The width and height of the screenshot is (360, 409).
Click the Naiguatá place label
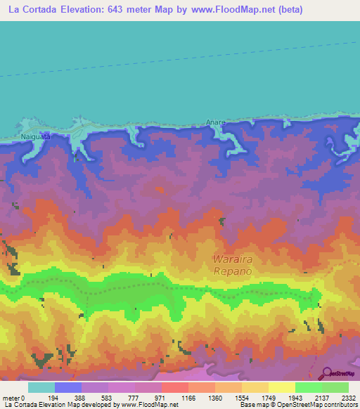click(x=35, y=138)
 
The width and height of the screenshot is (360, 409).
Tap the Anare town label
click(x=215, y=122)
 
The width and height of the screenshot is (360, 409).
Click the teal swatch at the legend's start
click(x=41, y=387)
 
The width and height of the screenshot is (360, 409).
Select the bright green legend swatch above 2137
click(x=308, y=387)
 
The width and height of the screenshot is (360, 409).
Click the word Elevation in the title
click(x=86, y=9)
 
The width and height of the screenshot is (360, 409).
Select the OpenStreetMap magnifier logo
click(x=326, y=373)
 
